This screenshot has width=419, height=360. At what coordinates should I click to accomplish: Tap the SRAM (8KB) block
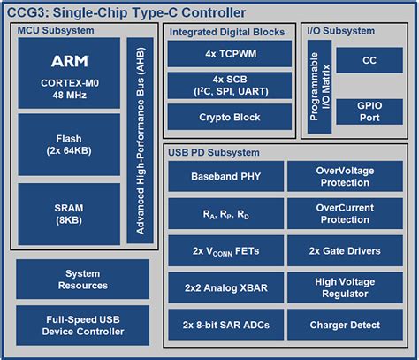68,213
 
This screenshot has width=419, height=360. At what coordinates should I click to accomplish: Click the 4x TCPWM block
229,54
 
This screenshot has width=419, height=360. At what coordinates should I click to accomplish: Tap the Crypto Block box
229,118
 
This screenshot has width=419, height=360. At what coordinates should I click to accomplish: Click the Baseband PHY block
224,176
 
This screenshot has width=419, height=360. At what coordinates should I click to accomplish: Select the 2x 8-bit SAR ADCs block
224,325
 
